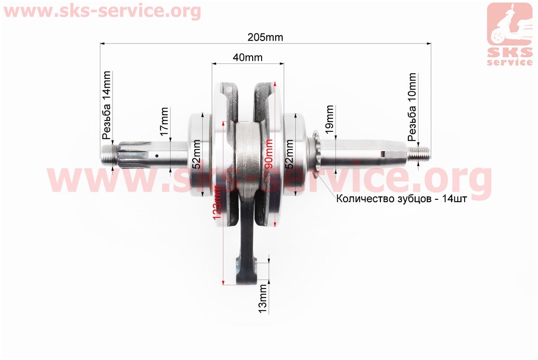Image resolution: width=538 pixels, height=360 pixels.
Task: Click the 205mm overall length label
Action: [265, 37]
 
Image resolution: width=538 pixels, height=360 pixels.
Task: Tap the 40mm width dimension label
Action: [247, 57]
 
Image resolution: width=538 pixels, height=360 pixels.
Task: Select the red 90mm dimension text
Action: [269, 153]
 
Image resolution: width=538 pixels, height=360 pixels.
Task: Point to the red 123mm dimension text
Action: [217, 202]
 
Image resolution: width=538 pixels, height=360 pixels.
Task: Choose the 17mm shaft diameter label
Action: [164, 121]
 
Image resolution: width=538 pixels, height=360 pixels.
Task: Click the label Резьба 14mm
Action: [107, 105]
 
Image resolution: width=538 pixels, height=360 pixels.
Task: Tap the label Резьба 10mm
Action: [412, 107]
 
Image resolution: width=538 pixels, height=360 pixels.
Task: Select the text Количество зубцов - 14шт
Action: [402, 199]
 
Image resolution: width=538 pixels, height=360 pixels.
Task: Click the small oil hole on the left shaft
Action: [157, 156]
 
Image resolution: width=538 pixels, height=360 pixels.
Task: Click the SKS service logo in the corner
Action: [510, 34]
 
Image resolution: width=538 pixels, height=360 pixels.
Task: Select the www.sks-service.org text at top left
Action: [102, 11]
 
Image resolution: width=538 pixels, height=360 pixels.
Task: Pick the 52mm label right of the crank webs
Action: [289, 154]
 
